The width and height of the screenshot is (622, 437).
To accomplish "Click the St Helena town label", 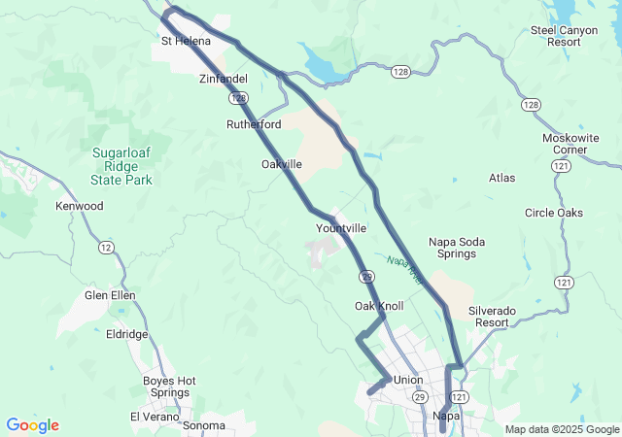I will click(186, 41).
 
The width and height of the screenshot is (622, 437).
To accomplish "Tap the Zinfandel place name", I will click(224, 79).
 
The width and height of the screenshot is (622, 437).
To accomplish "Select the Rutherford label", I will click(254, 125).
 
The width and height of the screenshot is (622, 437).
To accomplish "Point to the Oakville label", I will click(282, 164).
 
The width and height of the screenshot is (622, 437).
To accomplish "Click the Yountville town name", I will click(341, 228).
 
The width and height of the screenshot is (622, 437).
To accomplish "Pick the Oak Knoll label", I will click(379, 306).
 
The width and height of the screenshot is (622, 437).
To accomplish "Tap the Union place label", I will click(408, 380).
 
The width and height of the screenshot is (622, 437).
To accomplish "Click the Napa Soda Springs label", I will click(453, 248).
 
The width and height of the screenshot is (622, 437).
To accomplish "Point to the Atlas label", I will click(502, 179).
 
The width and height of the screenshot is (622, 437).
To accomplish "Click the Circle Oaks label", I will click(553, 213).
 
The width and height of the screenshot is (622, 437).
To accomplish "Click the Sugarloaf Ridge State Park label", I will click(122, 166).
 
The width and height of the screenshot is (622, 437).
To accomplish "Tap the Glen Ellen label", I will click(110, 295).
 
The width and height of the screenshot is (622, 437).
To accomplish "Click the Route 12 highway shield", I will click(105, 249).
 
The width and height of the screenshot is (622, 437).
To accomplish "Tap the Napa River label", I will click(405, 269).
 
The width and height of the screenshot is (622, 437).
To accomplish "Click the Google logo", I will click(32, 425).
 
